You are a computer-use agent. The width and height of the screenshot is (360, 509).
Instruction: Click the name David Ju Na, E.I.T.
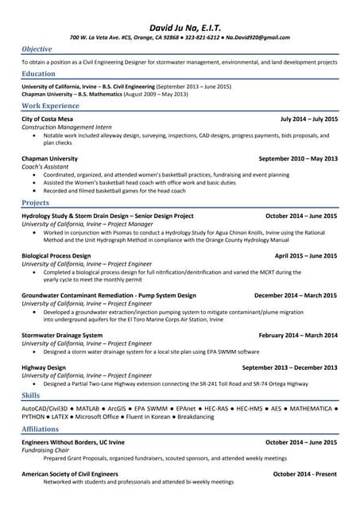point(180,25)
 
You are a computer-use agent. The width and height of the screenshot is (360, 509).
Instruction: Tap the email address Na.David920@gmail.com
point(257,37)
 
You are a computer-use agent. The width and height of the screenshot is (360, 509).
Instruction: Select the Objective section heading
point(37,49)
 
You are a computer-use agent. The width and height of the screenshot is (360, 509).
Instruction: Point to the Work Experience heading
point(50,106)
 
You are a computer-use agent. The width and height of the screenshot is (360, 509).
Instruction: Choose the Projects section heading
point(35,203)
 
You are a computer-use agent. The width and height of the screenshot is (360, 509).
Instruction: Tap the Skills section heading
point(30,395)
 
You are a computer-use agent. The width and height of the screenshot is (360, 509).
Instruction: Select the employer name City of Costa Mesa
point(47,119)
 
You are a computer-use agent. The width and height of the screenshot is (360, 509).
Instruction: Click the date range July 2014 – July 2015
point(308,119)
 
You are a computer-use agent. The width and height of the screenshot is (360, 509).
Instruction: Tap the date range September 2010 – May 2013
point(298,158)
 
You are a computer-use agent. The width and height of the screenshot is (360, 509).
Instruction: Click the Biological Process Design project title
point(56,256)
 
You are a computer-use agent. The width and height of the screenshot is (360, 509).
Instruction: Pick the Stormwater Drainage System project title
point(62,335)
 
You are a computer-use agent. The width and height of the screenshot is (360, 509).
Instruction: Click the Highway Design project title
point(44,367)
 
